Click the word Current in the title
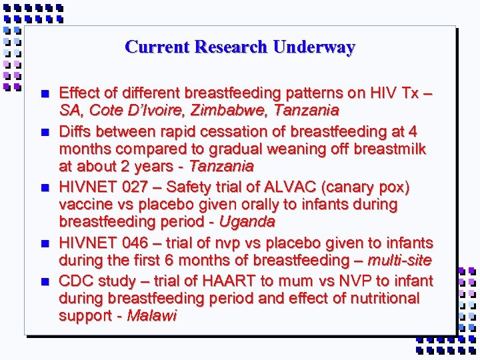coord(149,47)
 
